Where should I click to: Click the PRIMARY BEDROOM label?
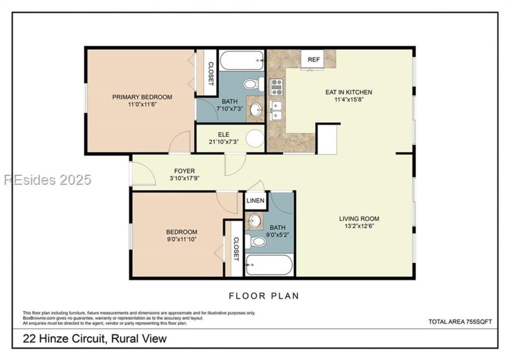(x=141, y=97)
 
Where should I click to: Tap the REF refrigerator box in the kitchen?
(x=313, y=59)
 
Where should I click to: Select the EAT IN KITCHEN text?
(x=348, y=92)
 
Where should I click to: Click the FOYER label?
(x=184, y=171)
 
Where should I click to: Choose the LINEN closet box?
(x=255, y=200)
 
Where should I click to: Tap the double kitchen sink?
(x=276, y=110)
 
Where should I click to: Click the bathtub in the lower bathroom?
(x=269, y=265)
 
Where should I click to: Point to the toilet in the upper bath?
(x=253, y=83)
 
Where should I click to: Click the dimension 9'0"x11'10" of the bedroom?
(x=182, y=239)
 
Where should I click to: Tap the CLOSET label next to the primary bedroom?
(x=211, y=73)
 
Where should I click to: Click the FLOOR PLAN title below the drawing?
(x=263, y=296)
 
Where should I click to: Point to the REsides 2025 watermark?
(x=47, y=180)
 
